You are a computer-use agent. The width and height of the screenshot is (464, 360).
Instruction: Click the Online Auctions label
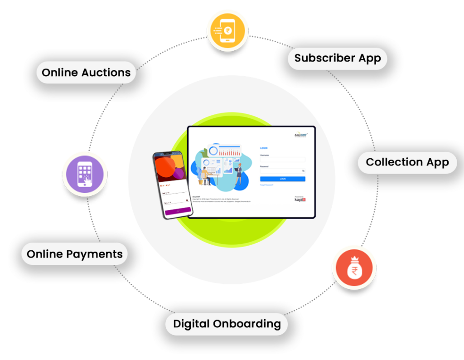pyautogui.click(x=86, y=73)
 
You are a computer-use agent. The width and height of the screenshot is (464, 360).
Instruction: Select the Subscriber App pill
pyautogui.click(x=338, y=58)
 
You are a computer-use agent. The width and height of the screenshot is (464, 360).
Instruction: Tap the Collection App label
pyautogui.click(x=407, y=162)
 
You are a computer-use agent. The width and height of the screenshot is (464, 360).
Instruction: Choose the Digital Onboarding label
pyautogui.click(x=227, y=324)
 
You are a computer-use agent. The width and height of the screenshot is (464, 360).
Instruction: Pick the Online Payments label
pyautogui.click(x=75, y=254)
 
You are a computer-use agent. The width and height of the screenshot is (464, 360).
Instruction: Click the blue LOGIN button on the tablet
pyautogui.click(x=282, y=179)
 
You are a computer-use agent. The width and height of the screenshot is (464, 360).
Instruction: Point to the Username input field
pyautogui.click(x=282, y=160)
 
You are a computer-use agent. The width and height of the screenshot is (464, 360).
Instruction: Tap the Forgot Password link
pyautogui.click(x=266, y=185)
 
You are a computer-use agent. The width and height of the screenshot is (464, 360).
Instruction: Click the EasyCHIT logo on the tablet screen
pyautogui.click(x=300, y=135)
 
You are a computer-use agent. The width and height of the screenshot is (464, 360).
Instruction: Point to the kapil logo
pyautogui.click(x=300, y=199)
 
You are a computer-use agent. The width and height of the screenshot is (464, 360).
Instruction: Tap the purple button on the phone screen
pyautogui.click(x=178, y=211)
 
